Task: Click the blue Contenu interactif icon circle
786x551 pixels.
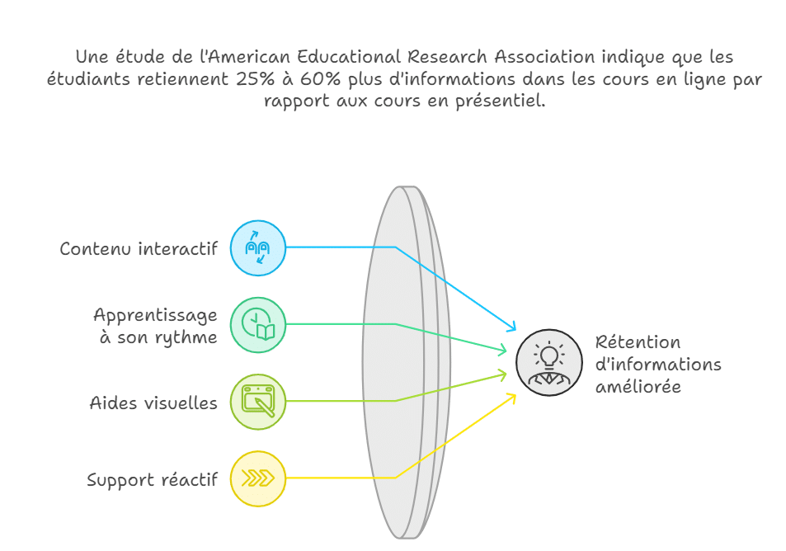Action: point(258,247)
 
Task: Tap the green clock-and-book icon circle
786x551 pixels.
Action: point(258,324)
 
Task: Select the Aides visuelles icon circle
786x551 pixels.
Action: point(258,402)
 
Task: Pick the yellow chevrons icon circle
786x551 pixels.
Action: point(258,478)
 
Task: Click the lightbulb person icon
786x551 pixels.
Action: point(549,363)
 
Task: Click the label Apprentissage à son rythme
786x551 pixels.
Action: point(155,326)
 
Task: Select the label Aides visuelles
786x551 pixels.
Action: point(153,403)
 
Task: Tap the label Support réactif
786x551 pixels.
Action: point(152,479)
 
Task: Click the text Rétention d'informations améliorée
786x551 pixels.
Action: point(657,364)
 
